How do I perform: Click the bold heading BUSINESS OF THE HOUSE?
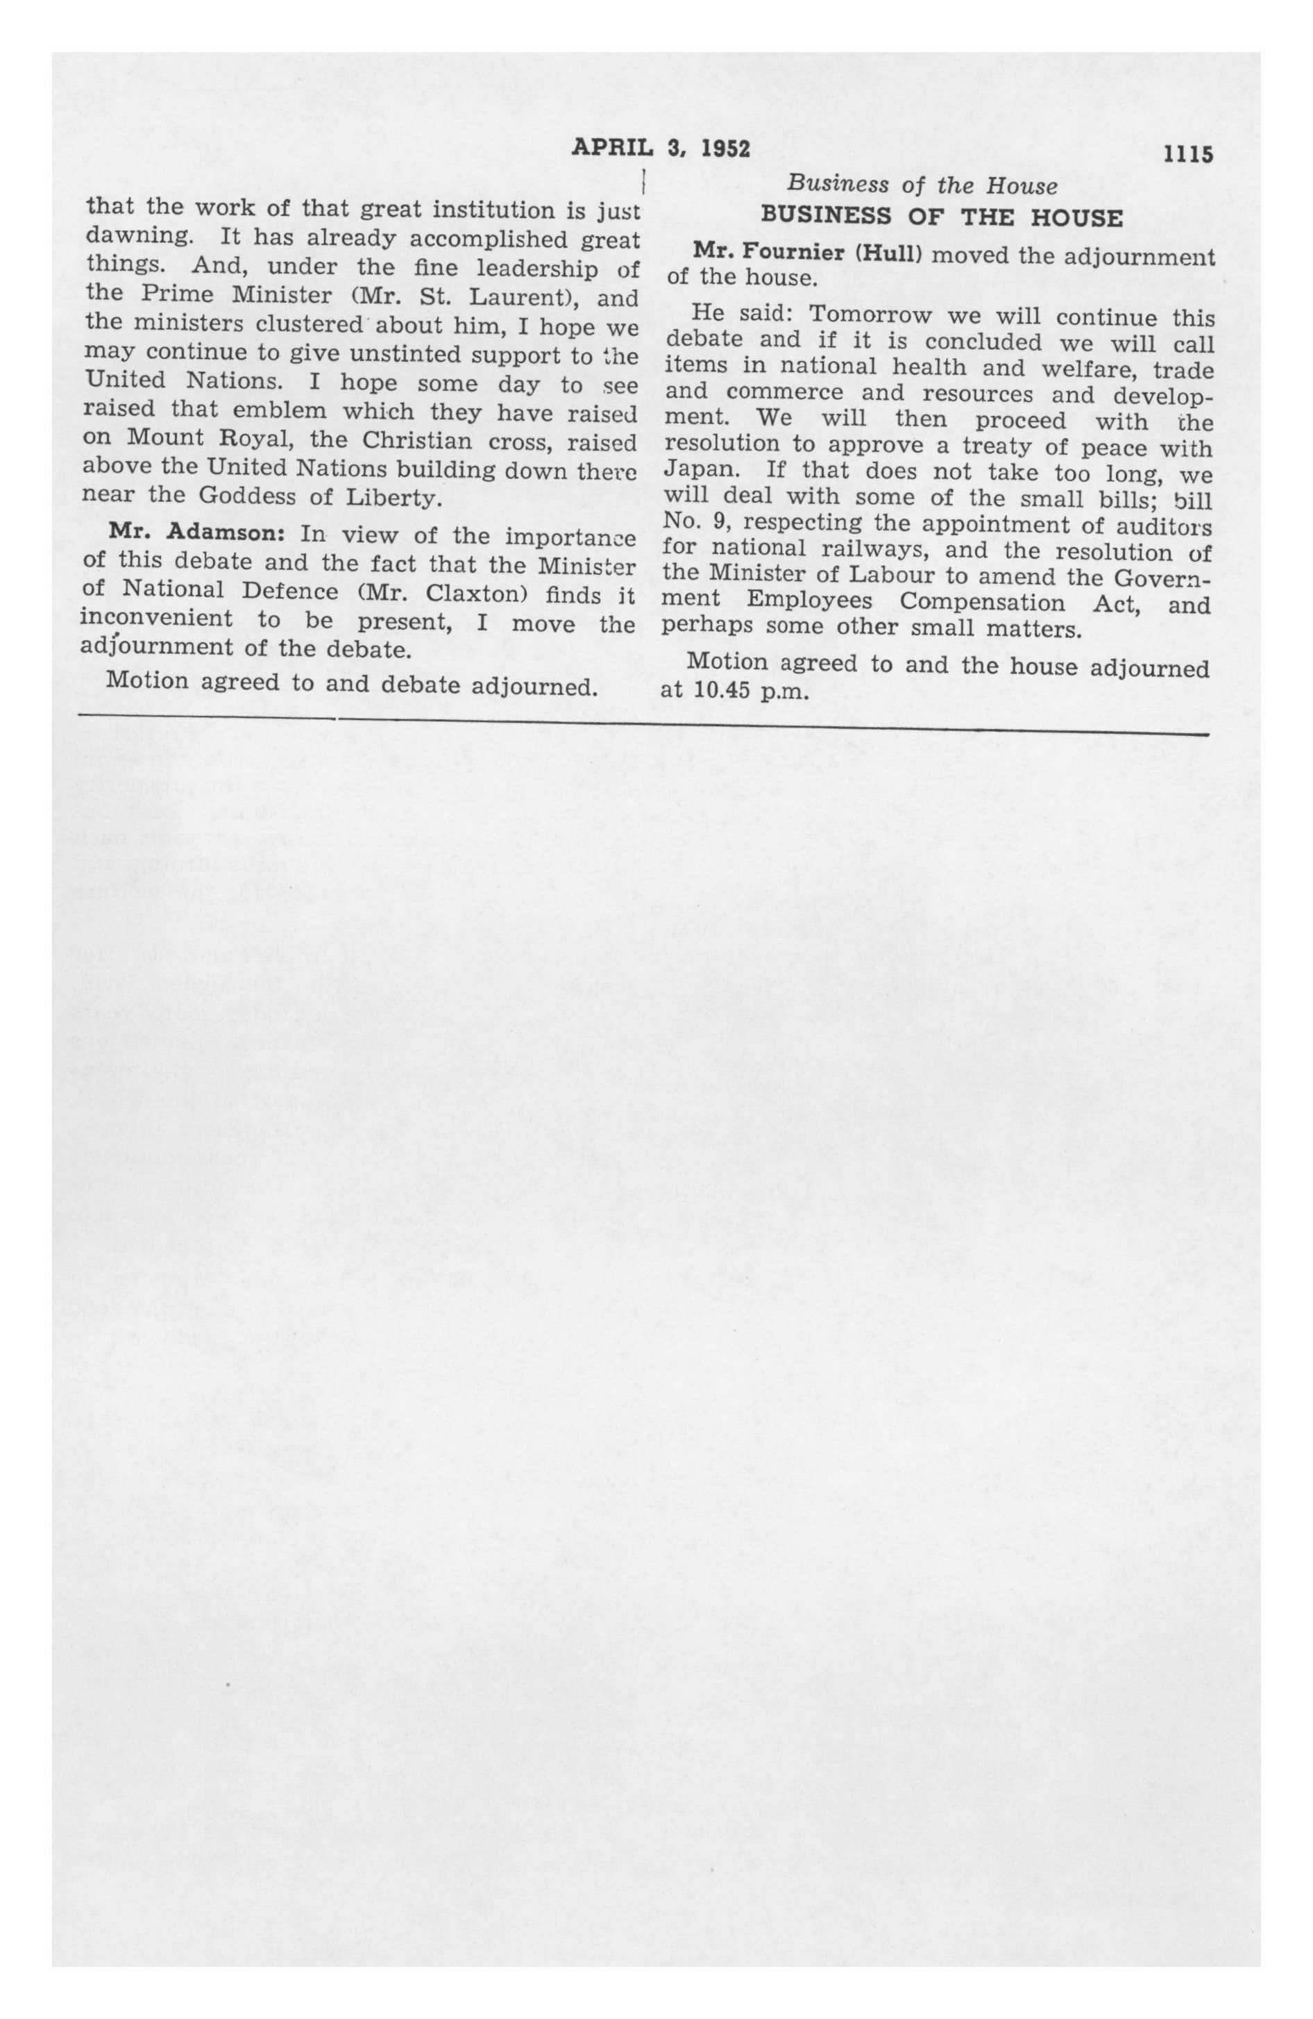(942, 217)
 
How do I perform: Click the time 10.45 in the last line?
(721, 691)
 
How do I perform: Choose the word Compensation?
(981, 603)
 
